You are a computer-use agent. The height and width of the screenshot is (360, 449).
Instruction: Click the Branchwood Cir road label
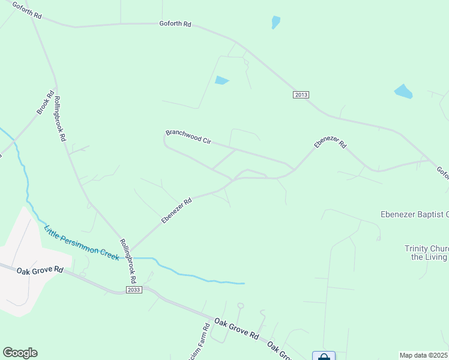(x=188, y=136)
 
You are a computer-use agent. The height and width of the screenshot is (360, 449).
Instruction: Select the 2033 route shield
(x=134, y=290)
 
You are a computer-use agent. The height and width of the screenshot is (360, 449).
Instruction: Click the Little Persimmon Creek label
(x=81, y=242)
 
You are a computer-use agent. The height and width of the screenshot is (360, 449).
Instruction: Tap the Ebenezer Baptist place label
(x=414, y=214)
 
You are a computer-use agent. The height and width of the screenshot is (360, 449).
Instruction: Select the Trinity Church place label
(x=426, y=253)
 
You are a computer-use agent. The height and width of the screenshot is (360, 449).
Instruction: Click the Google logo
(x=20, y=352)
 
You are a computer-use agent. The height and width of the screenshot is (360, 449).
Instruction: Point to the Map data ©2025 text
(x=424, y=355)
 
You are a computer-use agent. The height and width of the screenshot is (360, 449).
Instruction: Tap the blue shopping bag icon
(x=324, y=356)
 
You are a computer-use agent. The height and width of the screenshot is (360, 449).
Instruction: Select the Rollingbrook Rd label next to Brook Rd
(x=59, y=118)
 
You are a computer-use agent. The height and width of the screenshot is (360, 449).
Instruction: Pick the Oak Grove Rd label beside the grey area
(x=40, y=271)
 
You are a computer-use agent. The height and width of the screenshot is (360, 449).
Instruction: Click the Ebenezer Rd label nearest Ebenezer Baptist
(x=330, y=143)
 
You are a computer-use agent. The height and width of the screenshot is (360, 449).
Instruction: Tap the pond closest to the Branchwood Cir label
(x=222, y=80)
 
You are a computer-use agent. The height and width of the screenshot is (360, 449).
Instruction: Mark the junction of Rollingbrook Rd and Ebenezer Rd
(x=129, y=251)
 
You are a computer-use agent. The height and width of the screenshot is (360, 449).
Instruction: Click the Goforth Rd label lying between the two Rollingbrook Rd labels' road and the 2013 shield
(x=175, y=23)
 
